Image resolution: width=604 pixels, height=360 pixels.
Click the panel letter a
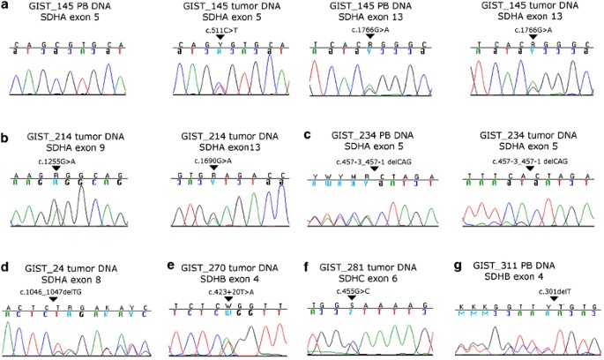(6, 6)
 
